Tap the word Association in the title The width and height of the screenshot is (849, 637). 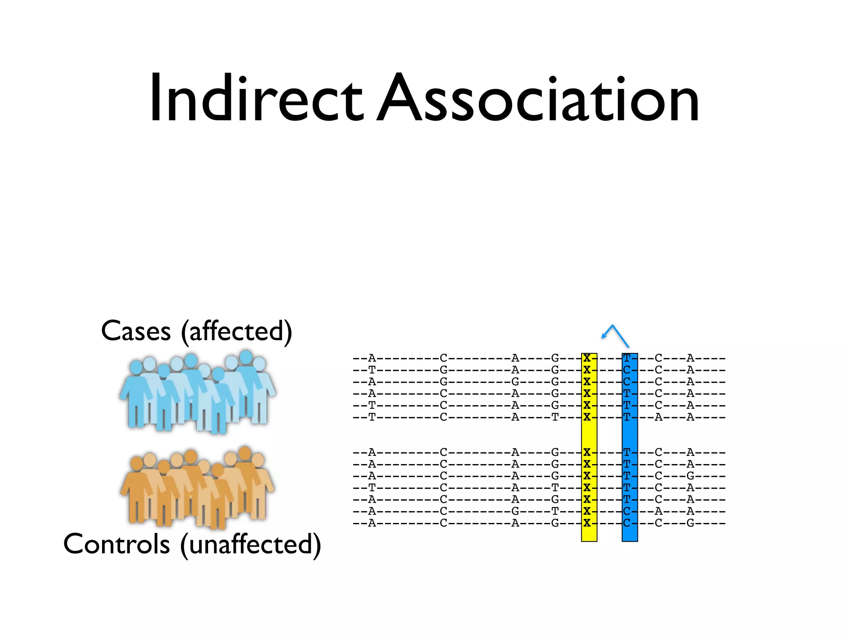(x=538, y=99)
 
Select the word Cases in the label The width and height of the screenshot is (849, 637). (x=136, y=331)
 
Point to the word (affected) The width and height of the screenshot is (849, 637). (x=237, y=332)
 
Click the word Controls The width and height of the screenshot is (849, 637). (x=116, y=544)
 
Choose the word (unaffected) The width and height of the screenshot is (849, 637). (x=251, y=545)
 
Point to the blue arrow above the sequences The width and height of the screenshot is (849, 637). (x=615, y=335)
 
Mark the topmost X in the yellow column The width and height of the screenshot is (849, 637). (x=587, y=358)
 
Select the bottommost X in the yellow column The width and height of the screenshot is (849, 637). (x=587, y=523)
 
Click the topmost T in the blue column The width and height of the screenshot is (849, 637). (x=627, y=358)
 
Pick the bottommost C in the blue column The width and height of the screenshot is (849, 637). (x=627, y=523)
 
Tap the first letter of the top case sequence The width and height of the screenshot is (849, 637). (x=372, y=358)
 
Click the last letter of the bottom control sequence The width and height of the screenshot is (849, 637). (x=690, y=523)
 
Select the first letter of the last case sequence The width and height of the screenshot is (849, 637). (x=372, y=417)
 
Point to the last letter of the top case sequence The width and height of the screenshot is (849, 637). (x=690, y=358)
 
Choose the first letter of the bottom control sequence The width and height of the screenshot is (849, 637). (x=372, y=523)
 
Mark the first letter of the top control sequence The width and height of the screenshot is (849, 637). (x=372, y=452)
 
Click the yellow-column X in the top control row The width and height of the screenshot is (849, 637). (x=587, y=452)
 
